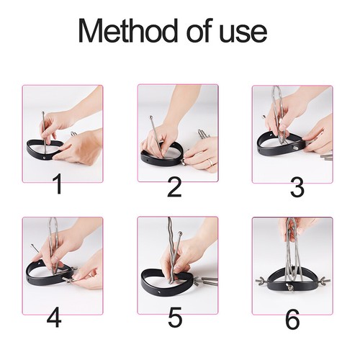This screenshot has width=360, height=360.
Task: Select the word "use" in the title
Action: tap(243, 34)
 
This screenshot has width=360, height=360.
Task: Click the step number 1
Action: tap(58, 184)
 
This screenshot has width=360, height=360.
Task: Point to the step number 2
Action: tap(174, 186)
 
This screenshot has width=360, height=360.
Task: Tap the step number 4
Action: tap(54, 318)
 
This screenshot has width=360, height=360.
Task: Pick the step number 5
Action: tap(175, 317)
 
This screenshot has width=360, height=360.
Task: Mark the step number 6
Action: tap(292, 318)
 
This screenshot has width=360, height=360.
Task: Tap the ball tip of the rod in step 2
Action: tap(151, 117)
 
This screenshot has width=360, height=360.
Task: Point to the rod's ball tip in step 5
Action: tap(179, 233)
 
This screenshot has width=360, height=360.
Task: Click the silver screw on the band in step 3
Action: tap(294, 148)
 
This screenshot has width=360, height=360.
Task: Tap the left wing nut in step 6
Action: tap(261, 281)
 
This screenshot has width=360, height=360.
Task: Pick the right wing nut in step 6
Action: tap(323, 280)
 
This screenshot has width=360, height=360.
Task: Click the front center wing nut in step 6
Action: tap(291, 287)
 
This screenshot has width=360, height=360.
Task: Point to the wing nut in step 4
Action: tap(68, 279)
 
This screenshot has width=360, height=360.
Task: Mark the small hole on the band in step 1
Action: tap(44, 158)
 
